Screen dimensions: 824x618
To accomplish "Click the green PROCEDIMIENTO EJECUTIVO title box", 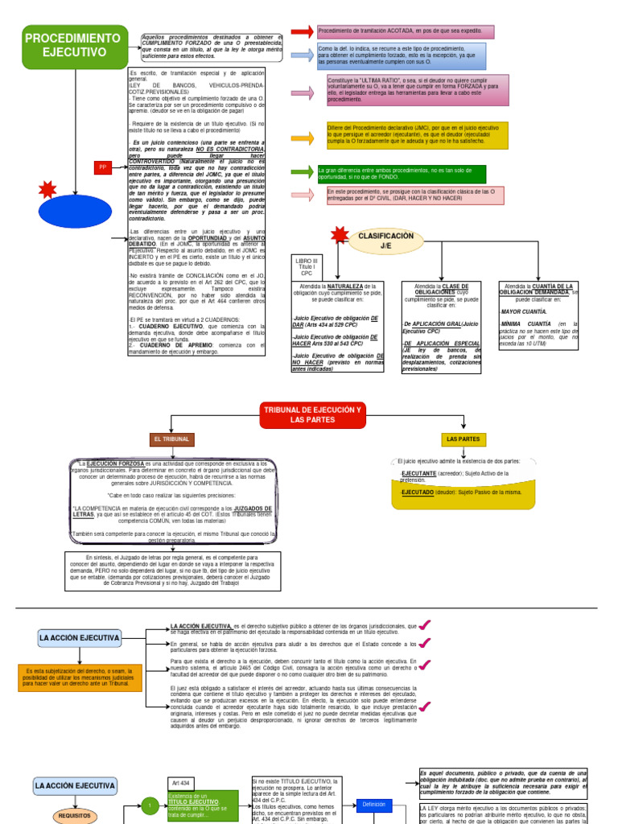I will pos(76,46).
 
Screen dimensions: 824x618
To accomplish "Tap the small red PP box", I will pos(102,167).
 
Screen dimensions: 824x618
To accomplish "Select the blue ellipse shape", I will pos(76,213).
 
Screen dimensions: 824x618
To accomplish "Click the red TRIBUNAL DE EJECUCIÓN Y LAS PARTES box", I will pos(313,415).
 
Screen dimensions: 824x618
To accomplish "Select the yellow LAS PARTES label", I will pos(463,439).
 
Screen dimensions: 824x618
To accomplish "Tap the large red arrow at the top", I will pos(302,31).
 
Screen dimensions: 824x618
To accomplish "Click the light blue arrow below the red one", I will pos(302,56).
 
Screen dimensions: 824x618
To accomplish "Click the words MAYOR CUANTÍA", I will pos(524,311).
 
